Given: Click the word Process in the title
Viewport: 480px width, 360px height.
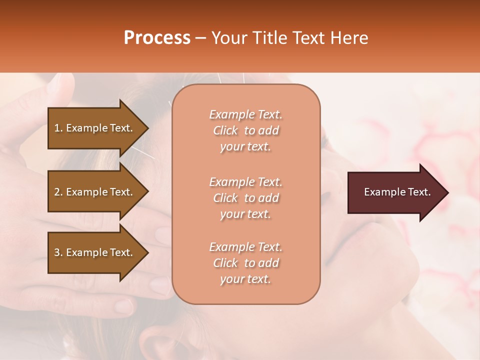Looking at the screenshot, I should tap(157, 38).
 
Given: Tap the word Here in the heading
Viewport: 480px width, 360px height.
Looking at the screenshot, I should tap(348, 38).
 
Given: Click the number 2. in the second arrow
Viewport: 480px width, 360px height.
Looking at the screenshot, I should tap(58, 192).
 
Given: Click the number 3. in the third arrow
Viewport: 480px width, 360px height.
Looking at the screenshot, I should tap(58, 252).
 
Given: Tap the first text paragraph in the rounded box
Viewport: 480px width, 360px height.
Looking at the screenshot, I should tap(245, 130).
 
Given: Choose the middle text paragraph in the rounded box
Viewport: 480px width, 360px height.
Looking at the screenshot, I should tap(245, 197).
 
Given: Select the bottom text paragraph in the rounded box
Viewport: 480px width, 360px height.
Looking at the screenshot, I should tap(245, 263).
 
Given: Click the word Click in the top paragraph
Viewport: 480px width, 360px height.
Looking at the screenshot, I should tap(225, 130).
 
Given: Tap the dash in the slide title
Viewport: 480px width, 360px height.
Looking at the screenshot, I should tap(201, 38).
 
